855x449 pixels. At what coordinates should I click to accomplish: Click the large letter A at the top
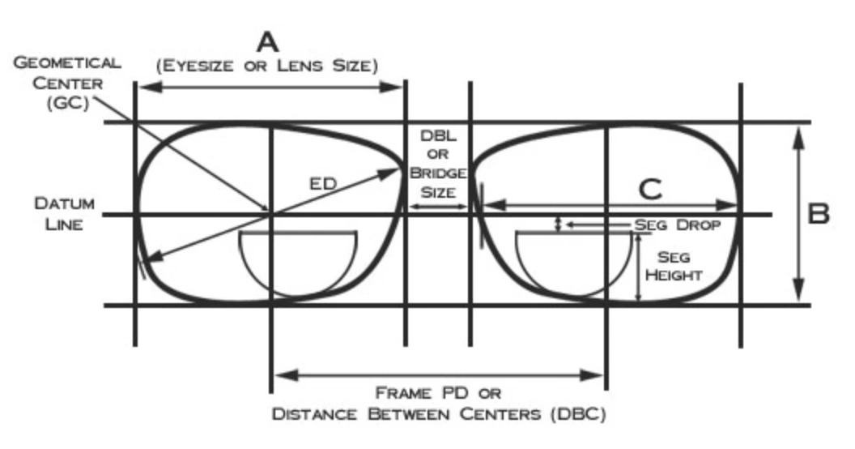[x=267, y=41]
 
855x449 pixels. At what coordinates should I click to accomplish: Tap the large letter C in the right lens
[x=649, y=190]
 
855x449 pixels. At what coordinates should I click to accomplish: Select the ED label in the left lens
[x=324, y=184]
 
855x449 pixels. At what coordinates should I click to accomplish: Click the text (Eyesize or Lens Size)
[x=268, y=66]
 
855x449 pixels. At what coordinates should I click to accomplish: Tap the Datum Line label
[x=64, y=212]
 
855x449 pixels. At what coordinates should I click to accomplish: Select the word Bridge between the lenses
[x=438, y=173]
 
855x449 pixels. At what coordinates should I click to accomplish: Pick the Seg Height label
[x=678, y=265]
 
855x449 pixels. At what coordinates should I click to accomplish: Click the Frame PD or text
[x=438, y=393]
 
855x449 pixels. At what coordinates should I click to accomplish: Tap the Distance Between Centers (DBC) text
[x=439, y=415]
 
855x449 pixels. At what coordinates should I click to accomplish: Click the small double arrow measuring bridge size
[x=438, y=207]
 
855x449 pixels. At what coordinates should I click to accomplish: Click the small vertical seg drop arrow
[x=557, y=224]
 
